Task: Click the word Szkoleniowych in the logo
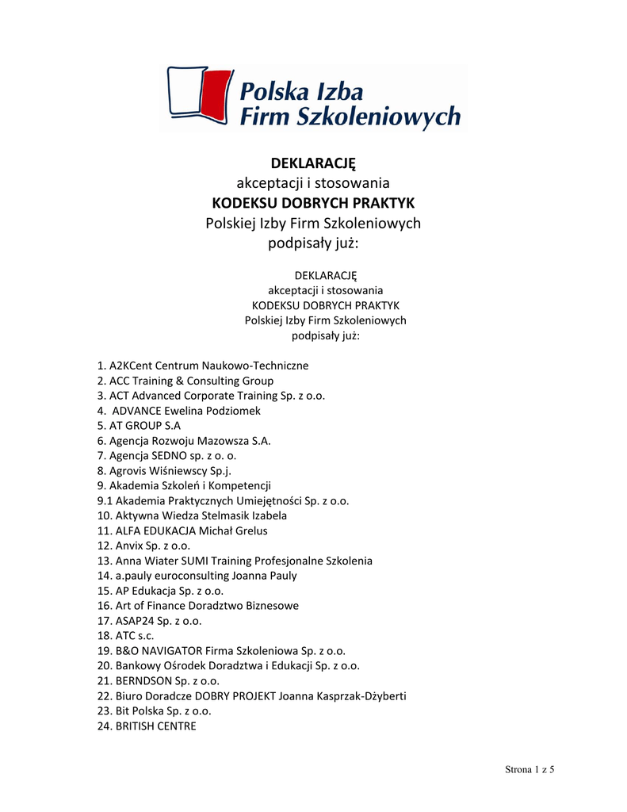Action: (377, 117)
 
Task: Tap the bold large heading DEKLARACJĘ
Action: (313, 163)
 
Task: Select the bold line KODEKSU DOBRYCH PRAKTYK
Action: (313, 202)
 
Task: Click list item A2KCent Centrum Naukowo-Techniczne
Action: (203, 366)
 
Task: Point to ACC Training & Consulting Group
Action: (185, 381)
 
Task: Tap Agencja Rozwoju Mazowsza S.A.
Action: (184, 440)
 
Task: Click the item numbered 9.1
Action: (223, 500)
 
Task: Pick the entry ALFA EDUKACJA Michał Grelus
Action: (182, 530)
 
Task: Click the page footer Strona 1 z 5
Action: (530, 770)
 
